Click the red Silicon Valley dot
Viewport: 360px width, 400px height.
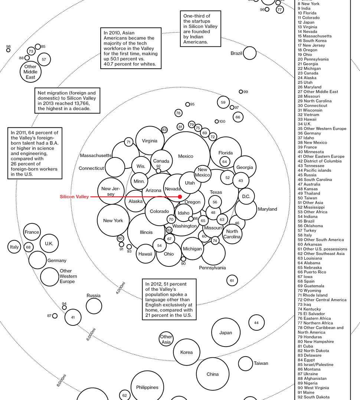coord(180,197)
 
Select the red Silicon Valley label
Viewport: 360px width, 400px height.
coord(74,197)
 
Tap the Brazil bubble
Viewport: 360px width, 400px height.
coord(250,53)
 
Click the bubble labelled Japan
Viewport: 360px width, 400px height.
coord(226,333)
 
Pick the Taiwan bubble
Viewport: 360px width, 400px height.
coord(245,364)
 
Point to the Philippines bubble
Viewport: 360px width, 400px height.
coord(147,387)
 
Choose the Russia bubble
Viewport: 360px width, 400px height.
coord(94,306)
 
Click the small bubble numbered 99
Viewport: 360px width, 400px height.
coord(241,92)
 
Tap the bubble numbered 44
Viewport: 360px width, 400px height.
coord(256,323)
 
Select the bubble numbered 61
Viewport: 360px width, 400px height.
coord(232,281)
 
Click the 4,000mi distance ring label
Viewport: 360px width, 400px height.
coord(121,288)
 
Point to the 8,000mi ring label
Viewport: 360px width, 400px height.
coord(61,381)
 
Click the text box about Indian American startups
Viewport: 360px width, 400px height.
coord(200,29)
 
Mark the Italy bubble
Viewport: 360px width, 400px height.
coord(14,247)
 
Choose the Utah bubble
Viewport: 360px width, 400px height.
coord(190,183)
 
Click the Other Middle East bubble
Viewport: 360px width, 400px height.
coord(30,72)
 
